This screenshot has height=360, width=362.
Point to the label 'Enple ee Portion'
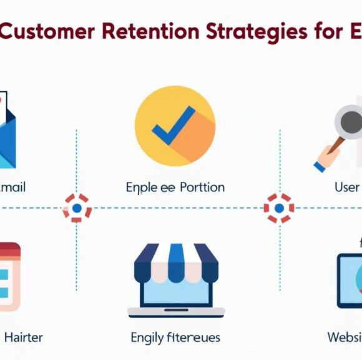tap(175, 187)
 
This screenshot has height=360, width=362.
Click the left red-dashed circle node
tap(77, 207)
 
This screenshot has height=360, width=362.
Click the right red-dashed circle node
tap(278, 207)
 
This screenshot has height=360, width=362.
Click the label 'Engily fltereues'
tap(175, 338)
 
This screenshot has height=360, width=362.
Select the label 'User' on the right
tap(347, 187)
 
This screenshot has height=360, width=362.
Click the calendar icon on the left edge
tap(9, 275)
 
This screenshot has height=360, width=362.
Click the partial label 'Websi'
tap(345, 337)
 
